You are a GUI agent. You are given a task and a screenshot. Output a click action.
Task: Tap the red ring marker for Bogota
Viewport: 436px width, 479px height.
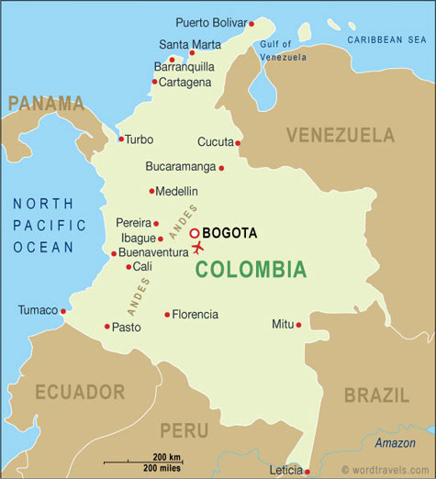(x=195, y=233)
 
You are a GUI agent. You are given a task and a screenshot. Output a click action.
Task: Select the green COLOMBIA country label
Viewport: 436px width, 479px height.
(x=250, y=270)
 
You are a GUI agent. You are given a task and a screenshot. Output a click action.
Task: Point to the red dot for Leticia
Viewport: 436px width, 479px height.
(x=307, y=471)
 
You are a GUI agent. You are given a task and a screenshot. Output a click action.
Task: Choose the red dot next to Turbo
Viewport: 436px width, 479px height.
(x=120, y=139)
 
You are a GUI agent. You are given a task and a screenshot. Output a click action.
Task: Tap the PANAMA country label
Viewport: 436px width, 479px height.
(x=46, y=102)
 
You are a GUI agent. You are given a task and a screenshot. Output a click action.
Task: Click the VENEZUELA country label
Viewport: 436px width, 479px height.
(x=340, y=136)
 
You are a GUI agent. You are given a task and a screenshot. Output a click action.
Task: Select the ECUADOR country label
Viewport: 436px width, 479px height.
(x=80, y=392)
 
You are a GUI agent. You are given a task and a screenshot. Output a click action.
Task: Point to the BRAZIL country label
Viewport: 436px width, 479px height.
(x=376, y=395)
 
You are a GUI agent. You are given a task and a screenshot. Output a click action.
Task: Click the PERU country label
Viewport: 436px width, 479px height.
(x=184, y=429)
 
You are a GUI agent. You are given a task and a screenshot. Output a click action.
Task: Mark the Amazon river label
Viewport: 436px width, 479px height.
(x=395, y=443)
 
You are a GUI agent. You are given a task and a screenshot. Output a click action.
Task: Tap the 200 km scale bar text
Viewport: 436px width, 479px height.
(x=166, y=457)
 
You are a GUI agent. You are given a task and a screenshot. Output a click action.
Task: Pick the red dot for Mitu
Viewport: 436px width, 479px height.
(x=298, y=324)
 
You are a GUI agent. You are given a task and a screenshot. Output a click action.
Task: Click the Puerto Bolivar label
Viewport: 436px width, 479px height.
(x=209, y=22)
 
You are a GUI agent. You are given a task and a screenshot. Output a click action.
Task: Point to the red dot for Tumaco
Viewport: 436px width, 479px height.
(x=63, y=311)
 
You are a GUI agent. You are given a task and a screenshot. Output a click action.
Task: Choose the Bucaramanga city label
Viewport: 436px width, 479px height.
(x=180, y=167)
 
